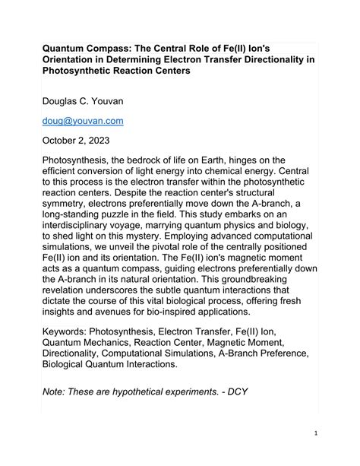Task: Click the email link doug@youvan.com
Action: (x=82, y=120)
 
